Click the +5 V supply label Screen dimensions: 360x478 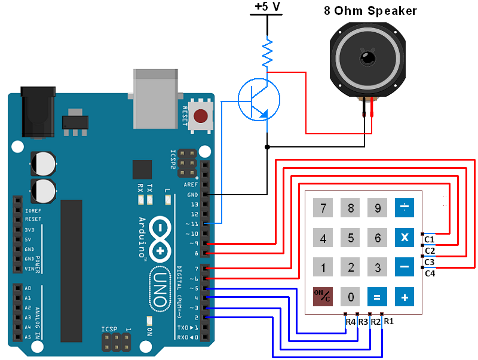coord(266,7)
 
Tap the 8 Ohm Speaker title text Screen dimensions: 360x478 coord(370,11)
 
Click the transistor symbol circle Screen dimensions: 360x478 coord(259,99)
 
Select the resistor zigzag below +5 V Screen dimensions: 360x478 coord(267,53)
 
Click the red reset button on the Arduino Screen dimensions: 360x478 coord(201,115)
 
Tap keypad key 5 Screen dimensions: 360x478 coord(351,239)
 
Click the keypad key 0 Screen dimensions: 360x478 coord(351,296)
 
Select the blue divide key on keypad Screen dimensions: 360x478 coord(405,208)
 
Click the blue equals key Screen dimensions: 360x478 coord(377,296)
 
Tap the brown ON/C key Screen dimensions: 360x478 coord(323,296)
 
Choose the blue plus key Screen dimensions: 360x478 coord(405,296)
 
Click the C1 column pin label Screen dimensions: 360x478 coord(429,239)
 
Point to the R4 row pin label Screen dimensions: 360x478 coord(351,322)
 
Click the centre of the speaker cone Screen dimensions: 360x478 coord(366,59)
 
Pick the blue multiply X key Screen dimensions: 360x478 coord(405,238)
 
